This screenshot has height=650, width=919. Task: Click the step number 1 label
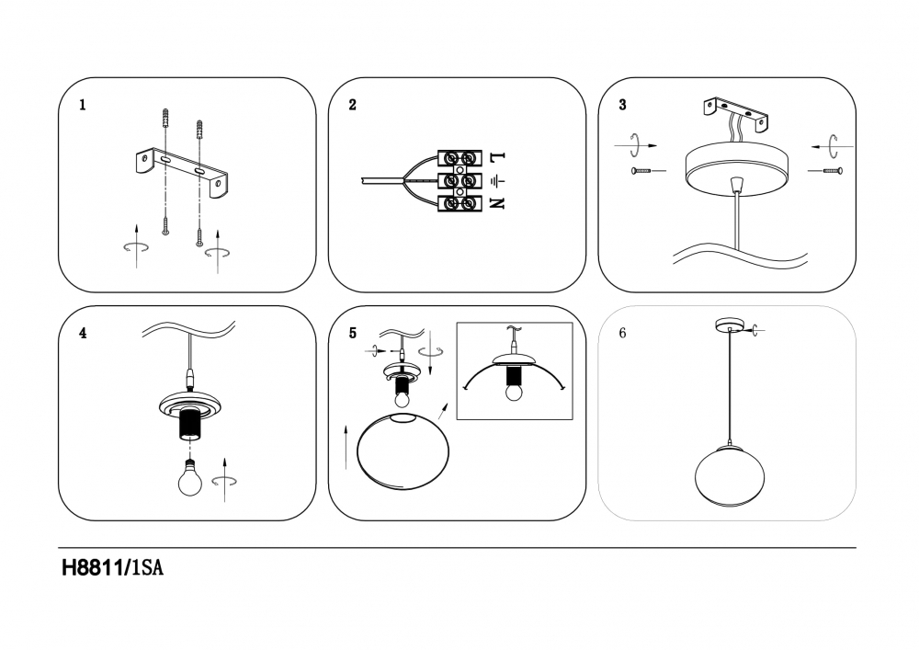[x=83, y=105]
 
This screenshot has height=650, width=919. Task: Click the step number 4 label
[x=83, y=334]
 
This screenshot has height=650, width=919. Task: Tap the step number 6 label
[x=622, y=334]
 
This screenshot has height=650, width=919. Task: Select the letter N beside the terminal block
[x=497, y=203]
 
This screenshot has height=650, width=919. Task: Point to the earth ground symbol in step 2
[x=497, y=180]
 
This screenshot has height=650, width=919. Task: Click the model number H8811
[x=93, y=569]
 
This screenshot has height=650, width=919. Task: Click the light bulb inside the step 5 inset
[x=514, y=390]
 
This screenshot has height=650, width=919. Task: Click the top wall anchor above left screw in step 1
[x=165, y=120]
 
